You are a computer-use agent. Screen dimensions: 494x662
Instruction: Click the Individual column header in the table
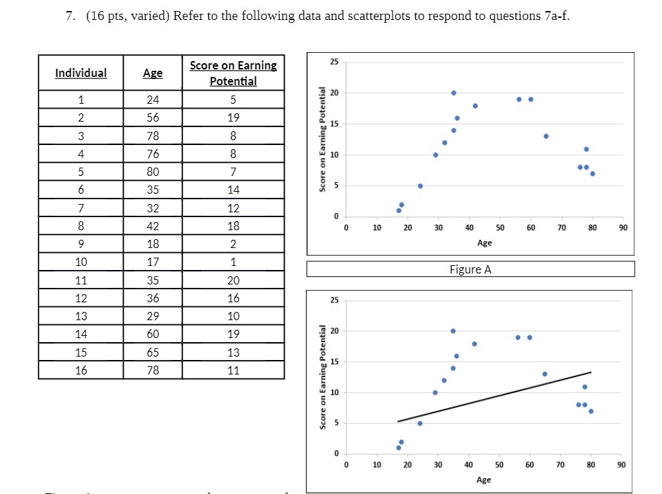(81, 73)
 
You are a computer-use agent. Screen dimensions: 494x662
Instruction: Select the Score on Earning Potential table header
(233, 73)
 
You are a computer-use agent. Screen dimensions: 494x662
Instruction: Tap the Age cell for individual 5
(153, 171)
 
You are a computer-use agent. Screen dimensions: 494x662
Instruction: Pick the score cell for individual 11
(233, 280)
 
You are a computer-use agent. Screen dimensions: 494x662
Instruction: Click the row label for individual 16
(81, 370)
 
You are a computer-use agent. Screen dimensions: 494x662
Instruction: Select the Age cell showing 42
(153, 225)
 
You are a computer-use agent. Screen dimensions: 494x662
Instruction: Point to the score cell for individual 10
(233, 262)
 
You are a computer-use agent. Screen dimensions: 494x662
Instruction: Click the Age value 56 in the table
(153, 117)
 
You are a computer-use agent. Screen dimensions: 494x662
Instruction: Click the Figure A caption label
(470, 269)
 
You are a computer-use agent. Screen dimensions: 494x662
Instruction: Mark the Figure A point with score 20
(454, 93)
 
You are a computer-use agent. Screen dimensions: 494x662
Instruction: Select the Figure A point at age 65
(546, 136)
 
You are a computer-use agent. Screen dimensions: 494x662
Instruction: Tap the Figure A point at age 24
(420, 186)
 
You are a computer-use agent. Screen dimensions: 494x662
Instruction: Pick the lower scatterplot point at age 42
(474, 344)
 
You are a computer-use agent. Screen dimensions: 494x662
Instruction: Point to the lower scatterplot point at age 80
(591, 411)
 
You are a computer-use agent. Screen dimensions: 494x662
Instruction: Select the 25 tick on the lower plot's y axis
(333, 300)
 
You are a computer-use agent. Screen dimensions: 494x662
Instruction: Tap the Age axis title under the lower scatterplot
(483, 480)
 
